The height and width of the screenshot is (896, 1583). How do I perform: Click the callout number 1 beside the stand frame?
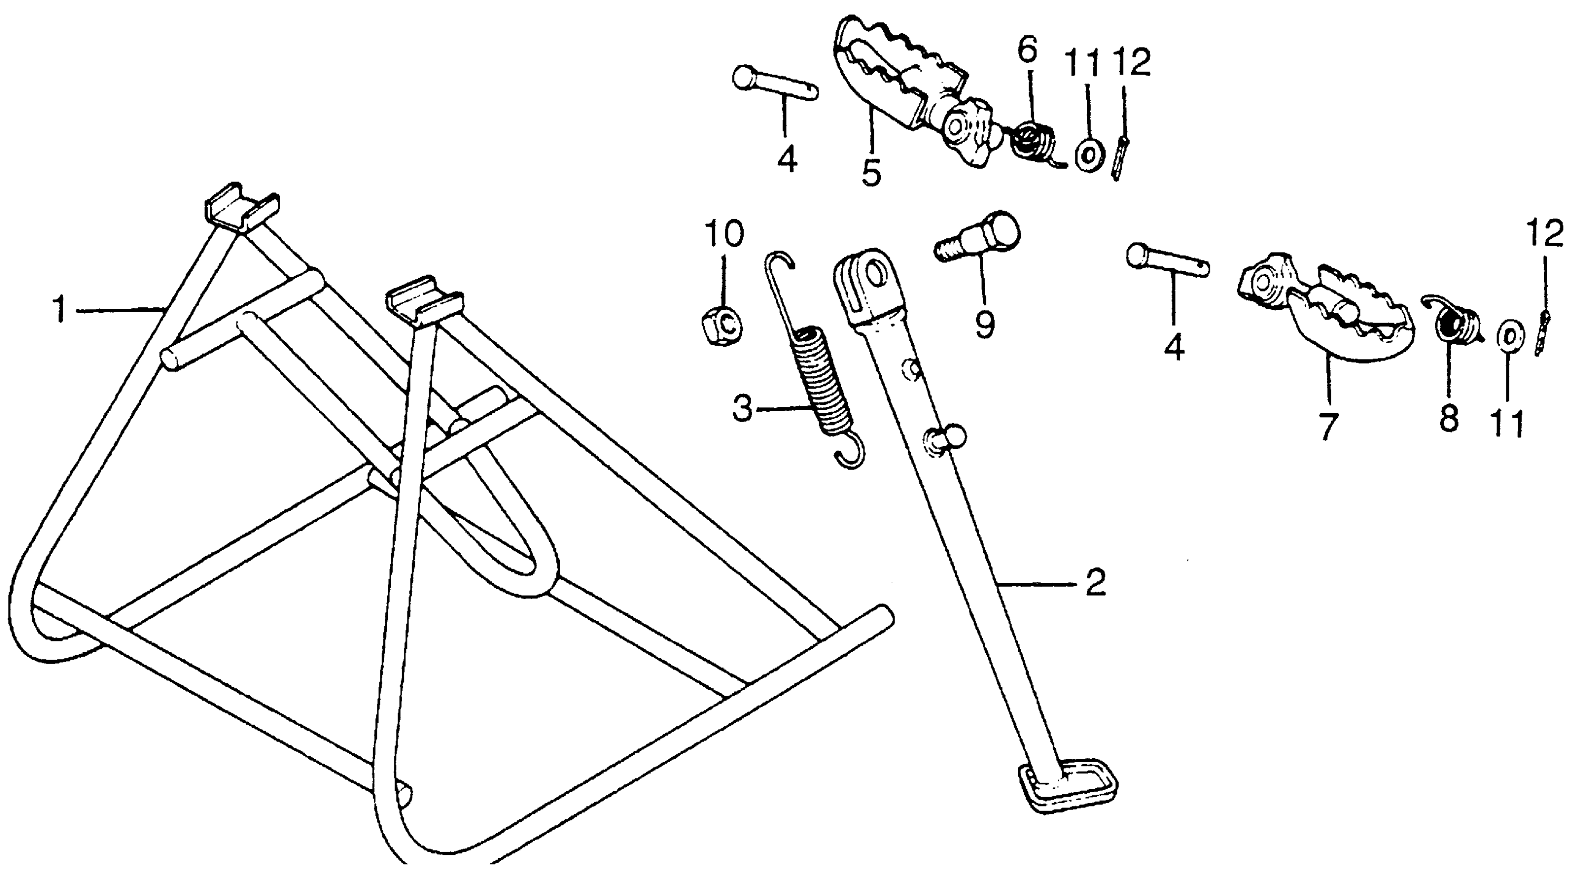point(59,309)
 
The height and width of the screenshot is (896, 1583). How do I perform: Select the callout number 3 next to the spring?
point(743,408)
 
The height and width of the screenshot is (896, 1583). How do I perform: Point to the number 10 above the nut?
point(724,233)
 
